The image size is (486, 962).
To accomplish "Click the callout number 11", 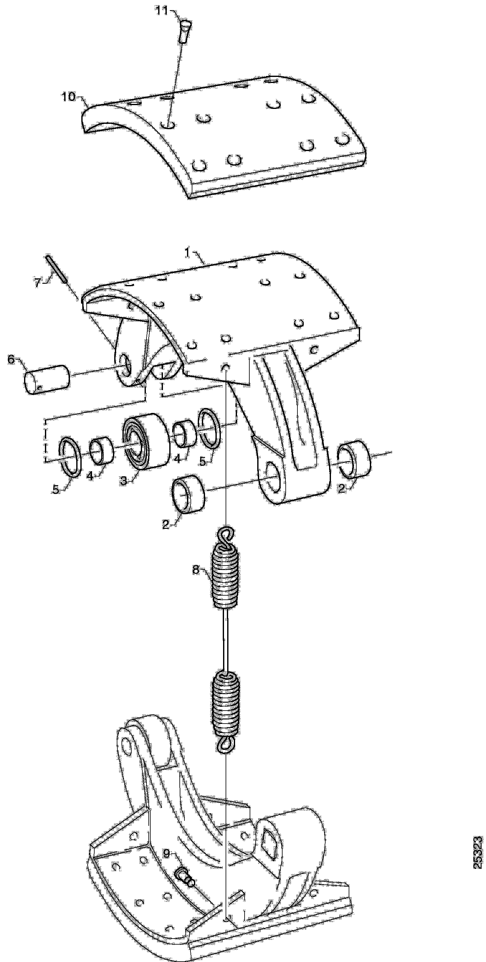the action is click(x=162, y=10).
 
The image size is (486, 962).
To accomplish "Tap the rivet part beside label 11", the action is click(x=184, y=31).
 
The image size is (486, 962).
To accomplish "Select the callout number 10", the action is click(x=68, y=97).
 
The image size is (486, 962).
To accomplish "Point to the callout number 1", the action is click(x=188, y=253).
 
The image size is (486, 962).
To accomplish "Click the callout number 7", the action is click(x=37, y=283).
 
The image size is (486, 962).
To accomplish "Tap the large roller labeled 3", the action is click(x=146, y=441).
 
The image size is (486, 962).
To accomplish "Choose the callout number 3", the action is click(x=123, y=481).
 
